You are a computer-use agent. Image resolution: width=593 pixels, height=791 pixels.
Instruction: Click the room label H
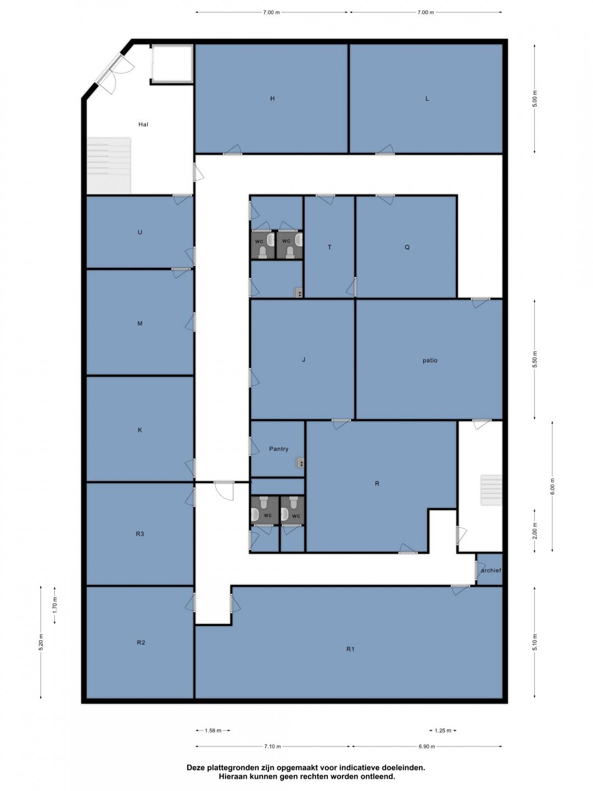272,98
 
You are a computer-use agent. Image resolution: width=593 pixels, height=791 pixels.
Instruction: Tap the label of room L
427,98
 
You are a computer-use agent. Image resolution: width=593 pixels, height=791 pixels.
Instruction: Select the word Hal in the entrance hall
143,124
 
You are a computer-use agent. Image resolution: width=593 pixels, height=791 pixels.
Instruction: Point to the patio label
430,360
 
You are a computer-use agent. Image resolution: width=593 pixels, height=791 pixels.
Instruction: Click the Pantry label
279,449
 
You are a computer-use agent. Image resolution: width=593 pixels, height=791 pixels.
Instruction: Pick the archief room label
491,571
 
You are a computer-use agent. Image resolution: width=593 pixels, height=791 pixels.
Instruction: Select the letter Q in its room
407,247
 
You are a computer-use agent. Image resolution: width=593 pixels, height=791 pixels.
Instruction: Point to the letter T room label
329,247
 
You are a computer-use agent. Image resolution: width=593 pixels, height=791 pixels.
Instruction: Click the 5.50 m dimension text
534,359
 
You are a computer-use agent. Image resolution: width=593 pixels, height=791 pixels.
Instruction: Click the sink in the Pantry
300,463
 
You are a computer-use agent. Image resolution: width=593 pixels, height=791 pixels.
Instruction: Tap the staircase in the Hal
109,166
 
